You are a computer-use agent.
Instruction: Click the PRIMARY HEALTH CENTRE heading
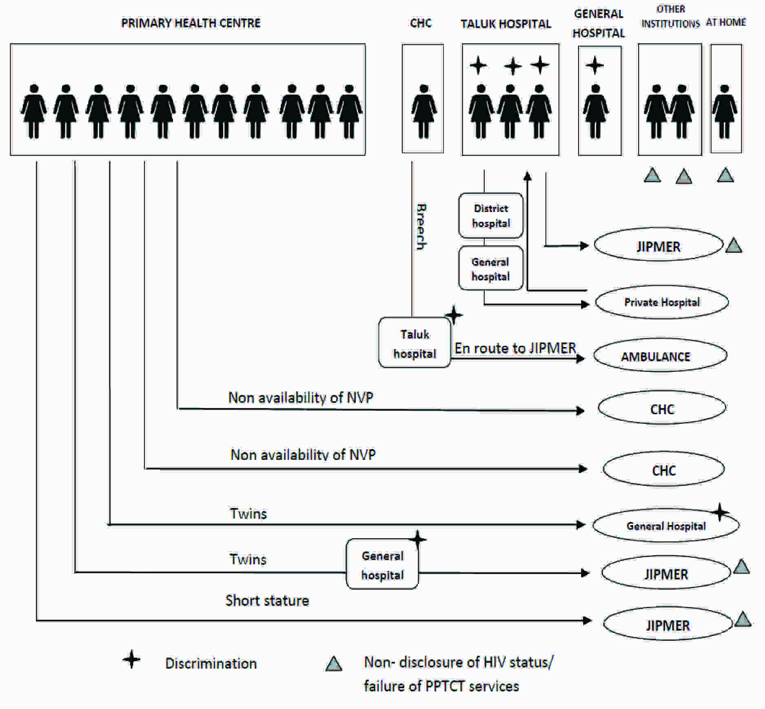point(191,23)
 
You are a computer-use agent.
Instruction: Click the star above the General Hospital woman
point(594,65)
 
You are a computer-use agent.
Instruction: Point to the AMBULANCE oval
point(659,356)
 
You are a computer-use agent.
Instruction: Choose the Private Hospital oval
point(661,302)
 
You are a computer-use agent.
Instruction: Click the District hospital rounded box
point(491,216)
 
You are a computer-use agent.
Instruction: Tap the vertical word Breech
point(421,226)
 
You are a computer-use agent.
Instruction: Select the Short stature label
point(267,601)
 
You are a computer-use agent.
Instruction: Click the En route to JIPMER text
point(515,348)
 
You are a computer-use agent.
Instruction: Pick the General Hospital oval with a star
point(665,526)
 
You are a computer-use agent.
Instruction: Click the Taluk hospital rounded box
point(415,343)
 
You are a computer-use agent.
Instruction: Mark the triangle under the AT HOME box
point(725,175)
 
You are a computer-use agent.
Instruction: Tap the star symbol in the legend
point(131,659)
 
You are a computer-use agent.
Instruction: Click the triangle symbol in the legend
point(334,664)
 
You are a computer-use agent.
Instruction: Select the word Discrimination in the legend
point(211,663)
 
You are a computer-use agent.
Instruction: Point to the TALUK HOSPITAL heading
point(506,24)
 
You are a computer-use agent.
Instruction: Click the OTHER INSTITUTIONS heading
point(670,16)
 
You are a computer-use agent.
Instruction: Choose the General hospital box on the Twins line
point(382,565)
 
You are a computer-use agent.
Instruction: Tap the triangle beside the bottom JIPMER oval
point(743,619)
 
